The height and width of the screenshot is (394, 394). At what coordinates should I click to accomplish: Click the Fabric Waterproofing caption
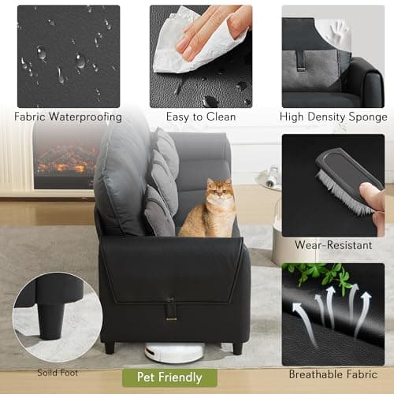tap(69, 117)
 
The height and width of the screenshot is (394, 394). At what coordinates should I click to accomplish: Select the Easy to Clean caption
tap(201, 117)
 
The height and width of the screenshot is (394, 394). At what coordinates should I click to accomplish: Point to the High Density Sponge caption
tap(333, 117)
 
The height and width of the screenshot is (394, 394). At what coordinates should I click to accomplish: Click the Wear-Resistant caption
tap(333, 245)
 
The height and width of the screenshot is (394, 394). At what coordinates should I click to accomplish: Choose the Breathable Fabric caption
tap(333, 374)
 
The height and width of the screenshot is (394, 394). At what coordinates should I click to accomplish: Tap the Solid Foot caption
tap(58, 372)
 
